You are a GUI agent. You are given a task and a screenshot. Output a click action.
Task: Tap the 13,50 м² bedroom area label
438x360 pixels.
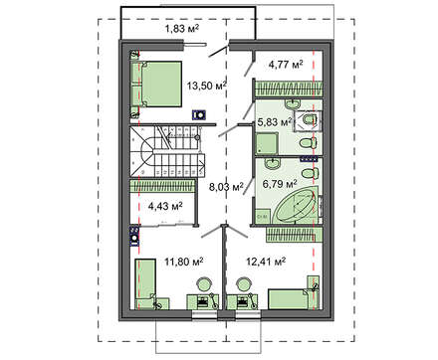(206, 86)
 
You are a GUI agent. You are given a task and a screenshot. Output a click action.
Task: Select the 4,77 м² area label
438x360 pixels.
(286, 65)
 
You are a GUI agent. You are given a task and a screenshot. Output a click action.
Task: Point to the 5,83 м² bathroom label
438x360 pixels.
(274, 122)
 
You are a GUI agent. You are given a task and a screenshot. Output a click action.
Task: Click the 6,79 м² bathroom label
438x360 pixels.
(280, 183)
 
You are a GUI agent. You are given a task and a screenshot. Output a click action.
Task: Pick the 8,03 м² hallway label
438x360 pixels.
(226, 187)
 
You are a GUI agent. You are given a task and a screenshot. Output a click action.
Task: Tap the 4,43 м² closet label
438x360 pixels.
(165, 207)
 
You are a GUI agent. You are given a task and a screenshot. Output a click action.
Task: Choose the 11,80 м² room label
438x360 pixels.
(184, 262)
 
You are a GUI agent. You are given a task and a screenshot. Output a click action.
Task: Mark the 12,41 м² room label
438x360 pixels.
(266, 262)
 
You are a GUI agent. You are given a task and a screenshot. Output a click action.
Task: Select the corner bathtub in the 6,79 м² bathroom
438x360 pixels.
(296, 206)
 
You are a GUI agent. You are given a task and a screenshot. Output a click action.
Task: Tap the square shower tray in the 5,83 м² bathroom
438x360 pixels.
(266, 144)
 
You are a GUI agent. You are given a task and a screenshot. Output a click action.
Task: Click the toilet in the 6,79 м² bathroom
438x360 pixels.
(310, 173)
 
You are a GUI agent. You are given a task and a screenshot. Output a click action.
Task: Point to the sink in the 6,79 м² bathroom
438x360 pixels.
(272, 163)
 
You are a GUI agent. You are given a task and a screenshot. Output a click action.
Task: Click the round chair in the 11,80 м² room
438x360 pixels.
(204, 284)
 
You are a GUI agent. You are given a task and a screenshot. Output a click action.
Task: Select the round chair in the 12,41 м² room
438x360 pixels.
(243, 284)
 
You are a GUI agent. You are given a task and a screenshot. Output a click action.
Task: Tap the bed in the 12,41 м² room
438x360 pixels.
(289, 299)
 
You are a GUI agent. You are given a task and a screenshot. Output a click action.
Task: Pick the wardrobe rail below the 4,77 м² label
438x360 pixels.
(288, 89)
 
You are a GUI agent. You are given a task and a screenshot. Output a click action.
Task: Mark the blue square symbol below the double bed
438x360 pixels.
(200, 115)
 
